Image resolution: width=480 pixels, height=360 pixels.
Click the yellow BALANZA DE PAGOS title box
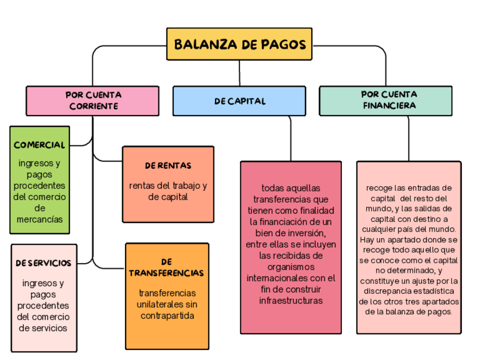[239, 44]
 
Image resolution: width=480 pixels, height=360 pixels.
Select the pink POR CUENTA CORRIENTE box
[93, 101]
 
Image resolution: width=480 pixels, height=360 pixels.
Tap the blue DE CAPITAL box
[239, 101]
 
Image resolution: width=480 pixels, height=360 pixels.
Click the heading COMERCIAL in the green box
[40, 145]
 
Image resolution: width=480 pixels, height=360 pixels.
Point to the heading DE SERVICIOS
[44, 263]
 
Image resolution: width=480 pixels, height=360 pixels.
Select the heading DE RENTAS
[168, 166]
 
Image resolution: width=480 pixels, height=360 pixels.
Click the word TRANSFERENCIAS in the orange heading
[166, 273]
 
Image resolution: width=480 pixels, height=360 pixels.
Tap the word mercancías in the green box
[40, 219]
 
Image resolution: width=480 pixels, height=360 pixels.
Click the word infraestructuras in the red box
[291, 300]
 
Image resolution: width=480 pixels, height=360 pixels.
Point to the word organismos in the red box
[291, 267]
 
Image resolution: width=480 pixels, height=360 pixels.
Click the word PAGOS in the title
[284, 44]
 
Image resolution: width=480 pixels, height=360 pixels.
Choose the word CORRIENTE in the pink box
[94, 106]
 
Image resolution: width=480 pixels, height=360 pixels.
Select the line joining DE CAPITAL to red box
[291, 139]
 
